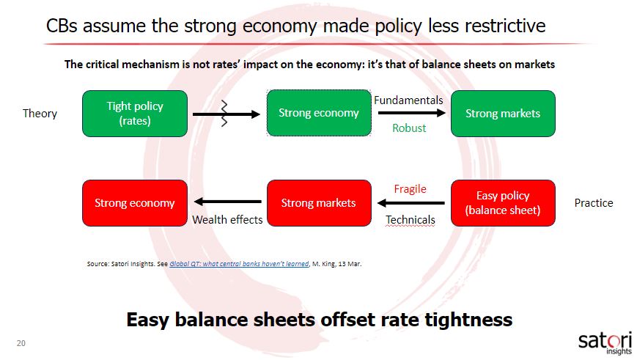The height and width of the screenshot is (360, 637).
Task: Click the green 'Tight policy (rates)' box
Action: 135,114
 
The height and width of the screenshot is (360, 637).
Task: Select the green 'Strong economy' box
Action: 319,113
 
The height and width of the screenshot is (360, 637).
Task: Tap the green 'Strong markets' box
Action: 503,114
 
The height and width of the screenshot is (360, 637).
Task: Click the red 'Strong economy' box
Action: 135,203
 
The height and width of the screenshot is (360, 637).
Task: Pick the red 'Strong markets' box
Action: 319,203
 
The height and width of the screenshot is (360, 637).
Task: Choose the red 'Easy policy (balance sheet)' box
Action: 503,203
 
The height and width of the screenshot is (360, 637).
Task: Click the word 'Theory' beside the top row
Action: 40,114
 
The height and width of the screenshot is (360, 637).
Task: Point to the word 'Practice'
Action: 594,203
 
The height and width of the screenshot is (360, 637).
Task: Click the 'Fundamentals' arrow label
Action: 408,100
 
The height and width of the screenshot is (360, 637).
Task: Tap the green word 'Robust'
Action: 409,128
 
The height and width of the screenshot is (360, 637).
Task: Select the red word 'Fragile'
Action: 410,189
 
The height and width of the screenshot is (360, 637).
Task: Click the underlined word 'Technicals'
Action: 410,220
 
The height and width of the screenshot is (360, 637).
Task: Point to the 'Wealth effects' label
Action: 227,220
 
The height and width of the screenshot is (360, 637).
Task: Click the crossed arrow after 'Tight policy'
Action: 227,114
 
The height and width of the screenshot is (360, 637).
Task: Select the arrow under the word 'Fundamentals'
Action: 411,113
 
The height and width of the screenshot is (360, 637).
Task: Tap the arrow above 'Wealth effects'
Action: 228,202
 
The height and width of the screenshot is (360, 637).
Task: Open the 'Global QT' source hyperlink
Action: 239,264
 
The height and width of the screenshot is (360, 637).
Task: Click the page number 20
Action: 21,343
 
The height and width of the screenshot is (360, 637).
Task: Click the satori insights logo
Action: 605,343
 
